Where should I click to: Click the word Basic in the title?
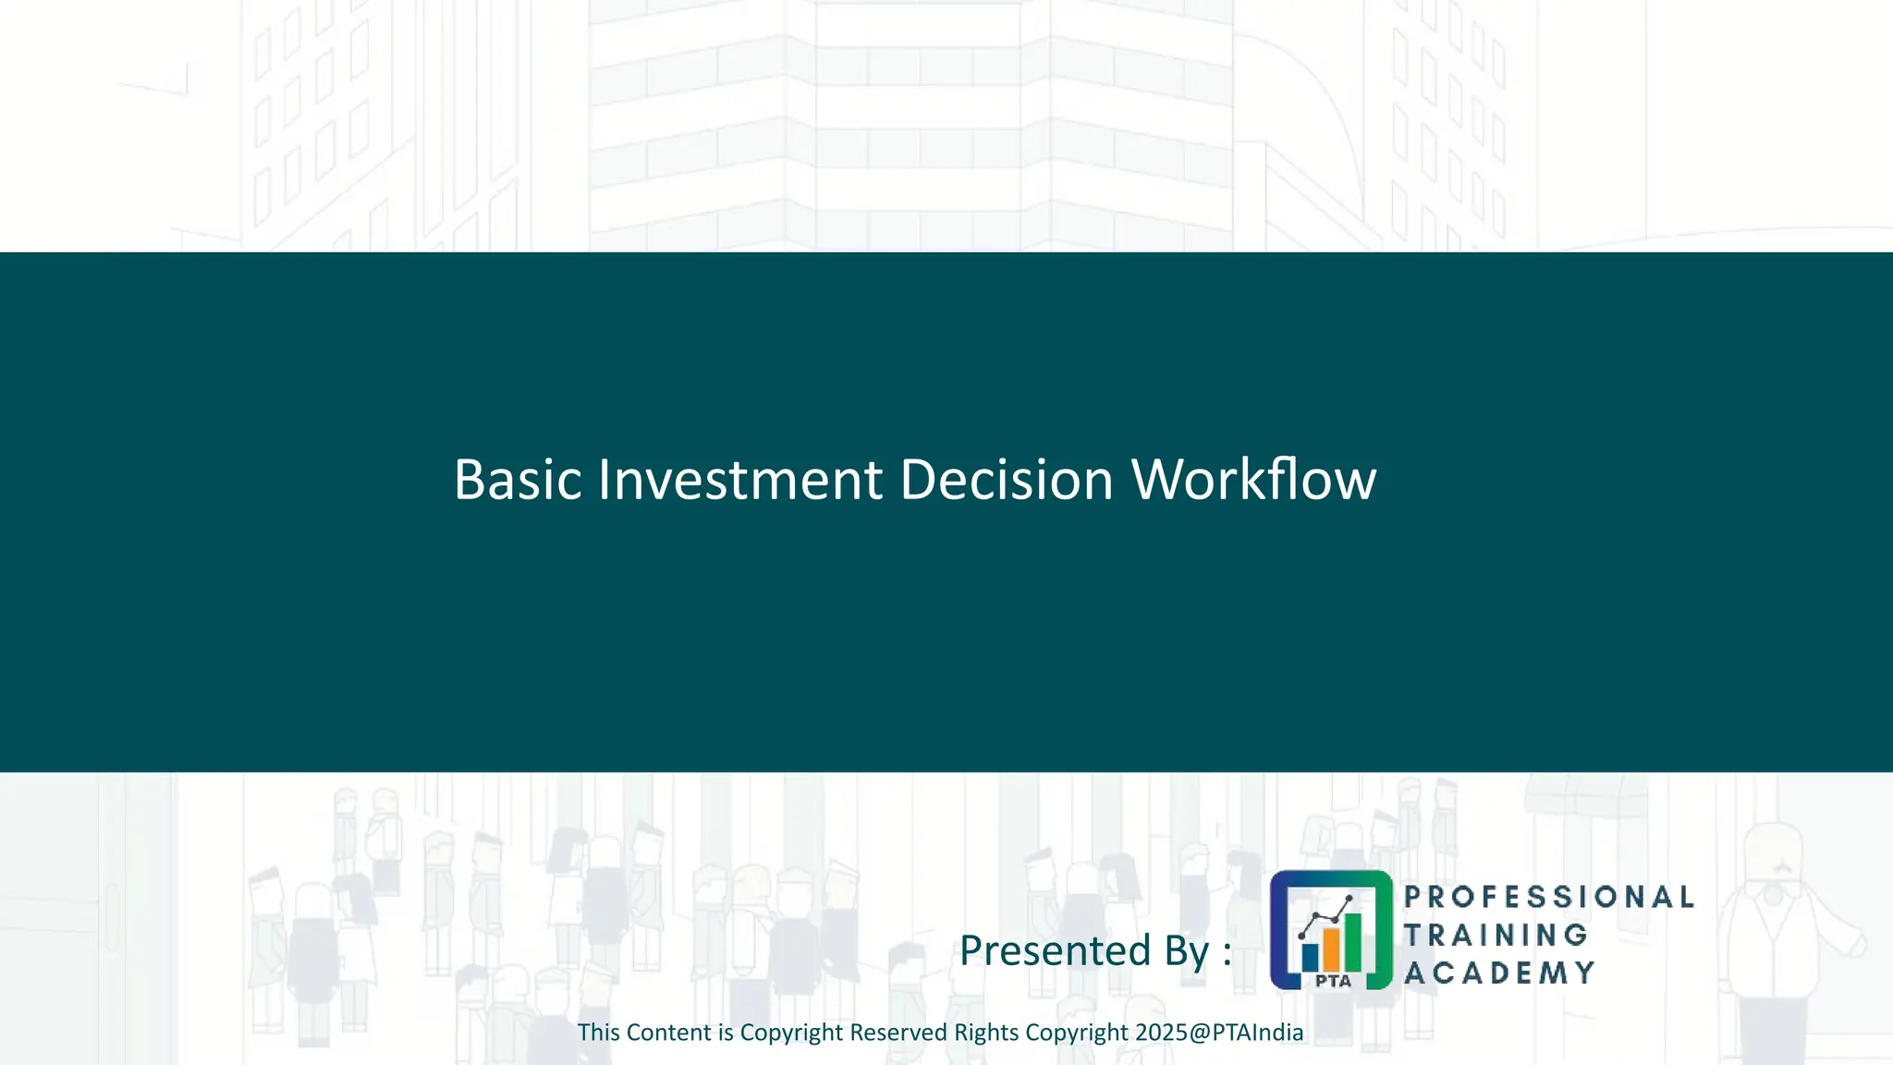pyautogui.click(x=518, y=480)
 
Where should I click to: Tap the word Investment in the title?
pyautogui.click(x=739, y=480)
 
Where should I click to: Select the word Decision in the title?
pyautogui.click(x=1006, y=480)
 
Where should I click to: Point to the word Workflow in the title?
pyautogui.click(x=1253, y=480)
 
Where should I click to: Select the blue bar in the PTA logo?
pyautogui.click(x=1310, y=956)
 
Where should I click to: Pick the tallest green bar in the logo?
pyautogui.click(x=1352, y=939)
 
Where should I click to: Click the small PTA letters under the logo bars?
pyautogui.click(x=1333, y=981)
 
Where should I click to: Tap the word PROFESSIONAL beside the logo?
pyautogui.click(x=1549, y=897)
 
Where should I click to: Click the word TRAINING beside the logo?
pyautogui.click(x=1496, y=935)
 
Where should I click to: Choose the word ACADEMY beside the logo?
pyautogui.click(x=1499, y=973)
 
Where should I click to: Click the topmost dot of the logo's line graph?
pyautogui.click(x=1350, y=899)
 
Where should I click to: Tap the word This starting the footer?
pyautogui.click(x=598, y=1033)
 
